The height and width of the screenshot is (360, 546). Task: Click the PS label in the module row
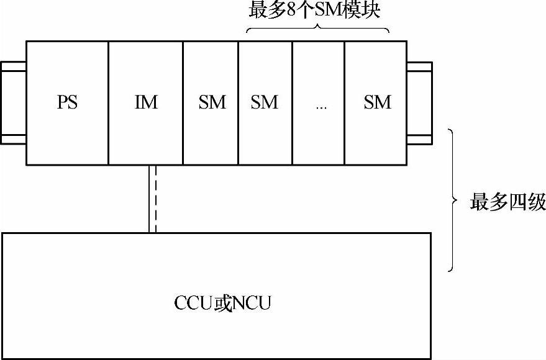pos(68,102)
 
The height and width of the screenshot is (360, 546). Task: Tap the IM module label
pos(146,102)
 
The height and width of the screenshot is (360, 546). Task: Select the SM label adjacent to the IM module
pos(212,102)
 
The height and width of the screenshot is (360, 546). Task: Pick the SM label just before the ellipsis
pos(265,102)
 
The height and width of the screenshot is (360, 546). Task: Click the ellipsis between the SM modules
pos(321,106)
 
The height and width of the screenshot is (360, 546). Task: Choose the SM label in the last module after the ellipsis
pos(378,102)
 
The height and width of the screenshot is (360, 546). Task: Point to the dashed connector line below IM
pos(152,199)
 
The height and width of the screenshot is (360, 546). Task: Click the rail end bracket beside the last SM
pos(419,102)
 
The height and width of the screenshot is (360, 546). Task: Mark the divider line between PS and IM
pos(108,102)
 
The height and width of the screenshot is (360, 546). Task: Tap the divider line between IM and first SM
pos(183,102)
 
